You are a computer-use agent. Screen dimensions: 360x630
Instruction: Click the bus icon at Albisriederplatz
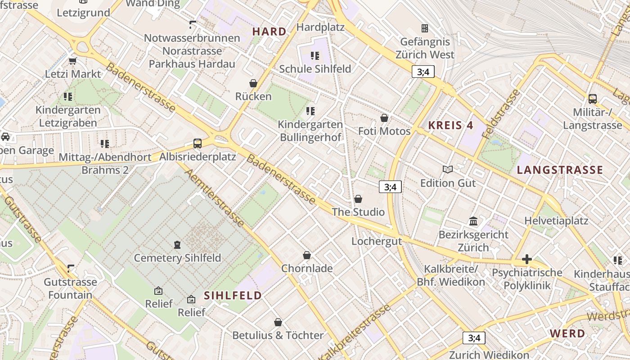click(197, 144)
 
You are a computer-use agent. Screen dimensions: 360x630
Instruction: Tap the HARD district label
click(269, 31)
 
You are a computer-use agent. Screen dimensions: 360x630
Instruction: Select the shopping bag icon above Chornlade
click(307, 255)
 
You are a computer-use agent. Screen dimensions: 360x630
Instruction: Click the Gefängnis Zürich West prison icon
click(424, 28)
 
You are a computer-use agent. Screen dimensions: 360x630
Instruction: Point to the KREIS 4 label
click(450, 126)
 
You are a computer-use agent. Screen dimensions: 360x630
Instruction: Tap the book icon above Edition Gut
click(447, 170)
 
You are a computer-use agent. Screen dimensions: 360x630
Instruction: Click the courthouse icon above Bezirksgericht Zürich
click(473, 221)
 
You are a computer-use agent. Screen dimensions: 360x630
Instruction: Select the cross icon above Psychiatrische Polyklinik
click(527, 259)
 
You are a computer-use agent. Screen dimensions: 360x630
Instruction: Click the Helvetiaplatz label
click(556, 221)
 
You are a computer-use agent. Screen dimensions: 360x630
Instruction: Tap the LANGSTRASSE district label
click(560, 170)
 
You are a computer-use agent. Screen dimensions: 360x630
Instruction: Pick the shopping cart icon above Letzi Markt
click(72, 61)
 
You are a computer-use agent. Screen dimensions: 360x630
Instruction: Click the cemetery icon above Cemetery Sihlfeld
click(177, 245)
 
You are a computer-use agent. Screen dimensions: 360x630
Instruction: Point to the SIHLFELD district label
click(233, 296)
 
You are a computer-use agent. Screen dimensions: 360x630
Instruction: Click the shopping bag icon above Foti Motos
click(384, 118)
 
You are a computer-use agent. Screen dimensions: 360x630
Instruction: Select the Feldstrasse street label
click(500, 114)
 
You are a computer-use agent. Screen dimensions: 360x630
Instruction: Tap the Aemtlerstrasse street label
click(215, 198)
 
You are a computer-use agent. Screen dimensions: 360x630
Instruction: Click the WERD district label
click(567, 334)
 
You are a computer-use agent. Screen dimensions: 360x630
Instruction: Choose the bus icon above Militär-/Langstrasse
click(592, 99)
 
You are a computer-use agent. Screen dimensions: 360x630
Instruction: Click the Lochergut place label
click(376, 241)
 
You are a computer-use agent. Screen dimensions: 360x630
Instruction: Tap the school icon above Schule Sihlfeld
click(315, 56)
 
